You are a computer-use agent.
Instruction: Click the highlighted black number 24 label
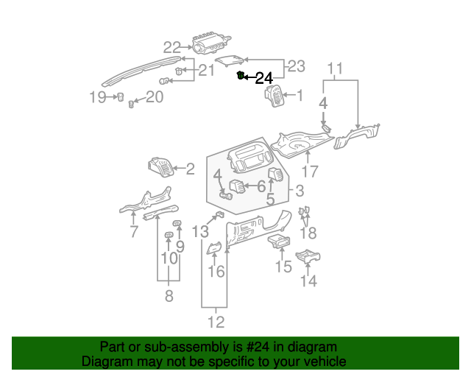263,78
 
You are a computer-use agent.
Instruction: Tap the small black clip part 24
241,75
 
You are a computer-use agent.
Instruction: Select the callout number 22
171,48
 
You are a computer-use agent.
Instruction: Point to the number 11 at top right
335,69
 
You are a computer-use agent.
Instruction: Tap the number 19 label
98,97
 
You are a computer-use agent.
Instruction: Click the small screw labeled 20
132,104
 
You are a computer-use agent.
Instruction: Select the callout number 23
295,66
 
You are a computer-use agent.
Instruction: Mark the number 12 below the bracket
216,322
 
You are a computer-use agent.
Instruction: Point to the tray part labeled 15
279,242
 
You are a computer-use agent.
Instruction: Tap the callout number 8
169,297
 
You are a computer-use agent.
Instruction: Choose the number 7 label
133,233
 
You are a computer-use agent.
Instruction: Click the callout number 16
216,272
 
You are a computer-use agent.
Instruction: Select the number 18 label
308,233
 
